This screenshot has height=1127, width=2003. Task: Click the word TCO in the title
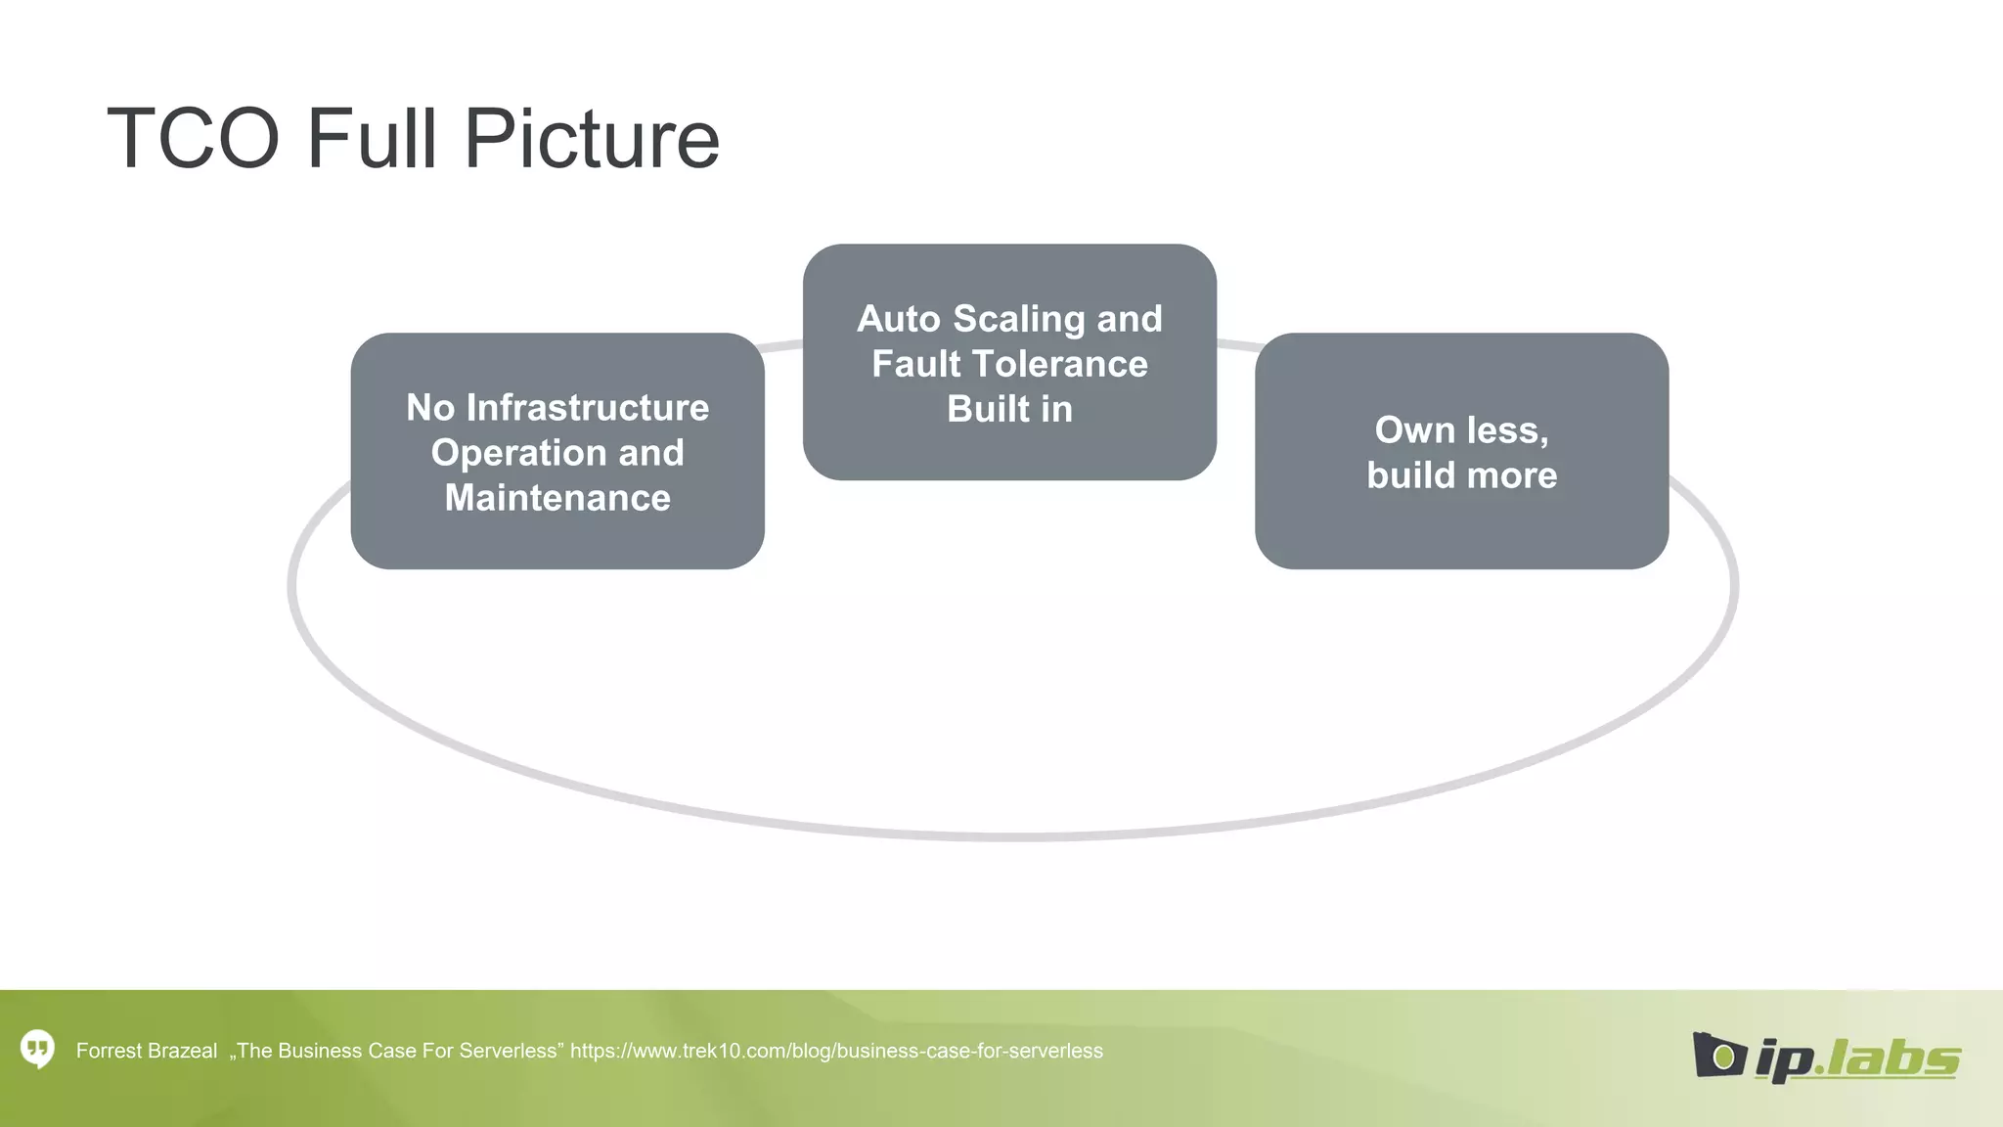point(193,139)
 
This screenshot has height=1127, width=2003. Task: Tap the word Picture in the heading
point(592,139)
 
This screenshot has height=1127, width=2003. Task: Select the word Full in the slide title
point(372,139)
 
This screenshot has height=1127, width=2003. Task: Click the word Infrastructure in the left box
point(588,408)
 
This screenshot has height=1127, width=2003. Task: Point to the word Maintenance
point(557,498)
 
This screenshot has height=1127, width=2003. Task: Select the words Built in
point(1009,409)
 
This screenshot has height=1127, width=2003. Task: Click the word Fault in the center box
point(916,364)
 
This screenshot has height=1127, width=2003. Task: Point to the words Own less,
point(1461,430)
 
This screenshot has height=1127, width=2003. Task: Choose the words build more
point(1461,475)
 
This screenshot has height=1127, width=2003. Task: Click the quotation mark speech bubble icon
point(38,1050)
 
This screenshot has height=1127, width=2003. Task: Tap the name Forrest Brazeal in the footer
point(147,1051)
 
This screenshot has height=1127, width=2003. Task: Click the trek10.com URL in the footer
point(836,1051)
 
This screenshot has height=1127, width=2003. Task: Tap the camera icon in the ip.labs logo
point(1718,1056)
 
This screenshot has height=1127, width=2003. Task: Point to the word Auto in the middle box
point(899,320)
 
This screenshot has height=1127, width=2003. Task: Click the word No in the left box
point(430,408)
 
